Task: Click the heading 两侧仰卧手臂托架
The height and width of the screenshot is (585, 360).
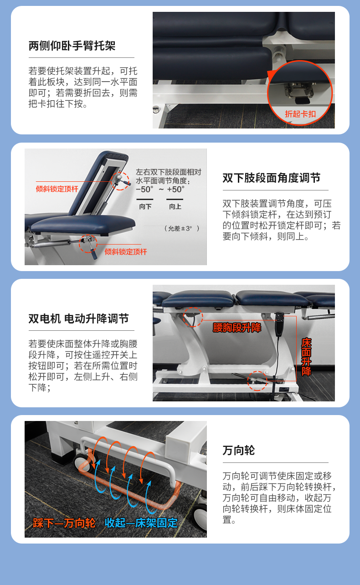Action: (72, 46)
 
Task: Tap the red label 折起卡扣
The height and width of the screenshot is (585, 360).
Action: (300, 114)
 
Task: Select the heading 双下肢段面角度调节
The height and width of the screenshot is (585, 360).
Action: (271, 178)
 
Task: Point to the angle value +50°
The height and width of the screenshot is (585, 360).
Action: (175, 189)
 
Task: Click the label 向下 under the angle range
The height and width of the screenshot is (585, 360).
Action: (145, 206)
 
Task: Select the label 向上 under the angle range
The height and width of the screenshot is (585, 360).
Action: (175, 206)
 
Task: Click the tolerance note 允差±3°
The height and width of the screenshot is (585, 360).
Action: (182, 229)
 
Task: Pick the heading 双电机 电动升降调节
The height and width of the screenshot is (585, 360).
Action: (79, 318)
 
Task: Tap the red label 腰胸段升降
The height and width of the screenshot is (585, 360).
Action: (237, 328)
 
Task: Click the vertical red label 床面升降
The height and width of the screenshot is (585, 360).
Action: (306, 357)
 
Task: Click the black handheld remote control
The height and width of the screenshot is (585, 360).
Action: (280, 324)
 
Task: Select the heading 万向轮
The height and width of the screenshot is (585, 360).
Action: (238, 450)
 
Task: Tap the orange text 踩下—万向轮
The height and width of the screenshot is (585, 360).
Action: (64, 523)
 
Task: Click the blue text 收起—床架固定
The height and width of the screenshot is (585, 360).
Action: (141, 523)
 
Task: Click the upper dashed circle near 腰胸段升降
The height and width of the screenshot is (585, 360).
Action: (193, 317)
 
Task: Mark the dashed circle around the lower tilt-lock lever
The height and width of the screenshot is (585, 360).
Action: (88, 244)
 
